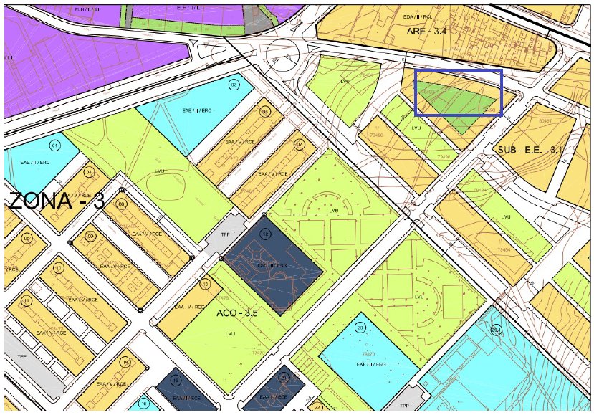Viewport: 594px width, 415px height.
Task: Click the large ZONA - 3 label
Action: [x=56, y=201]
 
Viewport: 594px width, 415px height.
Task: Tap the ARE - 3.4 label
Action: [x=425, y=32]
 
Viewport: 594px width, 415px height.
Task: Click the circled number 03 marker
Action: [x=234, y=85]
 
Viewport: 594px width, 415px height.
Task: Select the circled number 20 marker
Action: [x=360, y=328]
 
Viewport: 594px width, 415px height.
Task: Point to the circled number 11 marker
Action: [x=27, y=301]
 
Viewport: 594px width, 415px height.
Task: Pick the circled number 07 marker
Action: [x=300, y=144]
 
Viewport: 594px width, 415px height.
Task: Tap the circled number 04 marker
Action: [x=90, y=173]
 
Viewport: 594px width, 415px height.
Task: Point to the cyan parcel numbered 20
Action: [x=369, y=351]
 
